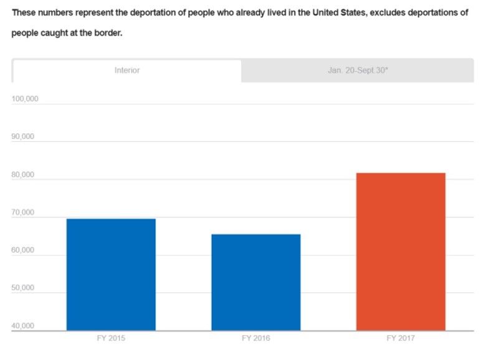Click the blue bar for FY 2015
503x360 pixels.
111,274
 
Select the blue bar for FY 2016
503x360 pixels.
256,282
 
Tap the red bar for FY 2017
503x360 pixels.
401,252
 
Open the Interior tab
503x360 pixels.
127,70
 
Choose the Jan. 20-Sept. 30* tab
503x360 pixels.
358,70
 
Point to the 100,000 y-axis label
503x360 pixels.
25,99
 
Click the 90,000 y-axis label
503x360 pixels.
24,137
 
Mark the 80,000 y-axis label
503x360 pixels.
24,175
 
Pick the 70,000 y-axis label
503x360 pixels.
24,213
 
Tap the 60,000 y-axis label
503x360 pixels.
24,250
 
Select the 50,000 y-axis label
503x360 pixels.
24,289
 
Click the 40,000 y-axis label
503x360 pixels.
24,326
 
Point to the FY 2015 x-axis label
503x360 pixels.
111,339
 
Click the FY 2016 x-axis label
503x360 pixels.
256,339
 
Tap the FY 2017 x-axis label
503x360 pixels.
401,339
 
